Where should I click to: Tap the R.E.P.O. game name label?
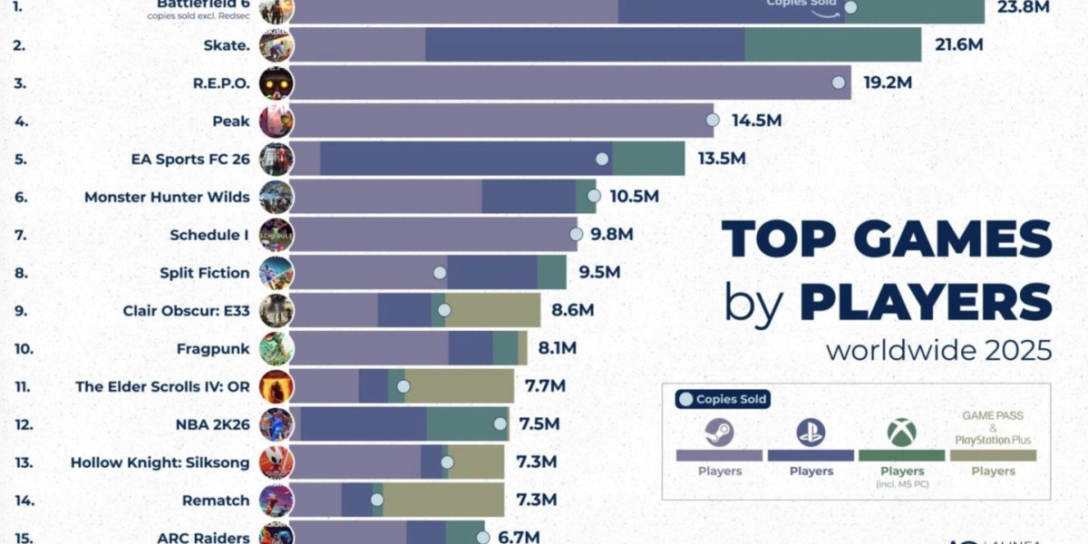pyautogui.click(x=220, y=83)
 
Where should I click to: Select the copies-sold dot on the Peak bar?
pyautogui.click(x=713, y=120)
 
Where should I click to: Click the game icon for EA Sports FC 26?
pyautogui.click(x=276, y=159)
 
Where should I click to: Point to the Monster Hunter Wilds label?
pyautogui.click(x=167, y=197)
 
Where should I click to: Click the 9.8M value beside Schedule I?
pyautogui.click(x=611, y=235)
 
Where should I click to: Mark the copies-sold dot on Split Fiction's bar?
pyautogui.click(x=440, y=272)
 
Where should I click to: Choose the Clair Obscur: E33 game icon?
pyautogui.click(x=276, y=310)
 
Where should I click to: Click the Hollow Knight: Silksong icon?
pyautogui.click(x=276, y=461)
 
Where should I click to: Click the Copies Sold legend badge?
pyautogui.click(x=723, y=399)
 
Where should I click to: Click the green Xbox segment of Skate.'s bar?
pyautogui.click(x=832, y=44)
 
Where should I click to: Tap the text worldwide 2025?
pyautogui.click(x=938, y=350)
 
